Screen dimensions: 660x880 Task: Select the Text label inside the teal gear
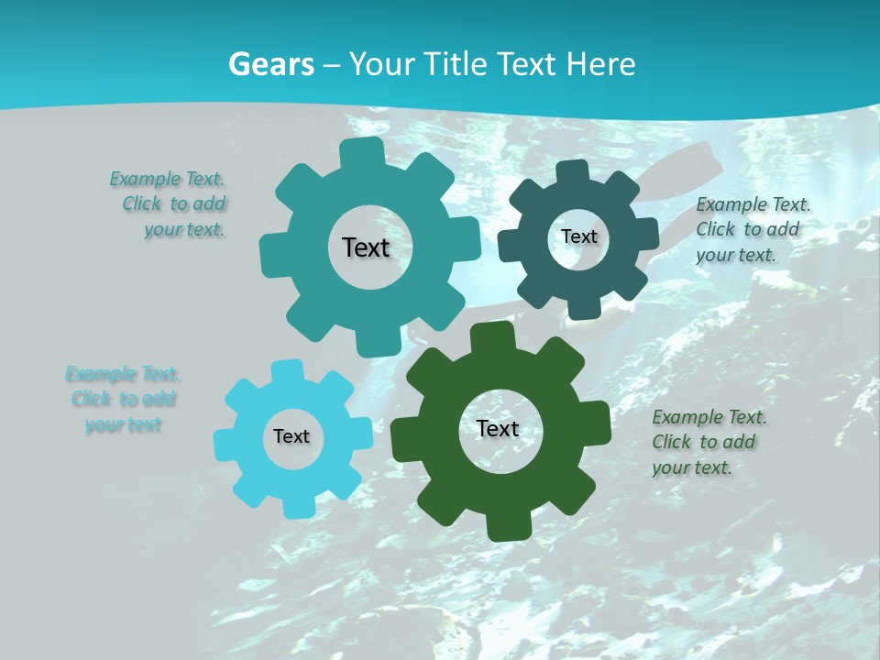(x=366, y=247)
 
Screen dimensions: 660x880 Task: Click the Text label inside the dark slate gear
(x=578, y=236)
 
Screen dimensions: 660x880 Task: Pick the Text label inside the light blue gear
(x=291, y=436)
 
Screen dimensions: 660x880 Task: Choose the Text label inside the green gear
(x=498, y=428)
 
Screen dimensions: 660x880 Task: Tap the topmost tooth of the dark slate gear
(x=573, y=173)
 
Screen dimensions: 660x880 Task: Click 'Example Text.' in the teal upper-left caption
(x=167, y=179)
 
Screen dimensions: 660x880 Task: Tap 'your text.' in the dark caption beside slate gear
(x=735, y=255)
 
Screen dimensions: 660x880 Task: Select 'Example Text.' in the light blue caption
(x=123, y=374)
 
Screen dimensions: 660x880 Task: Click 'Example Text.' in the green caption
(x=709, y=418)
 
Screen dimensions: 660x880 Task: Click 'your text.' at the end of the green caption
(x=691, y=467)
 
